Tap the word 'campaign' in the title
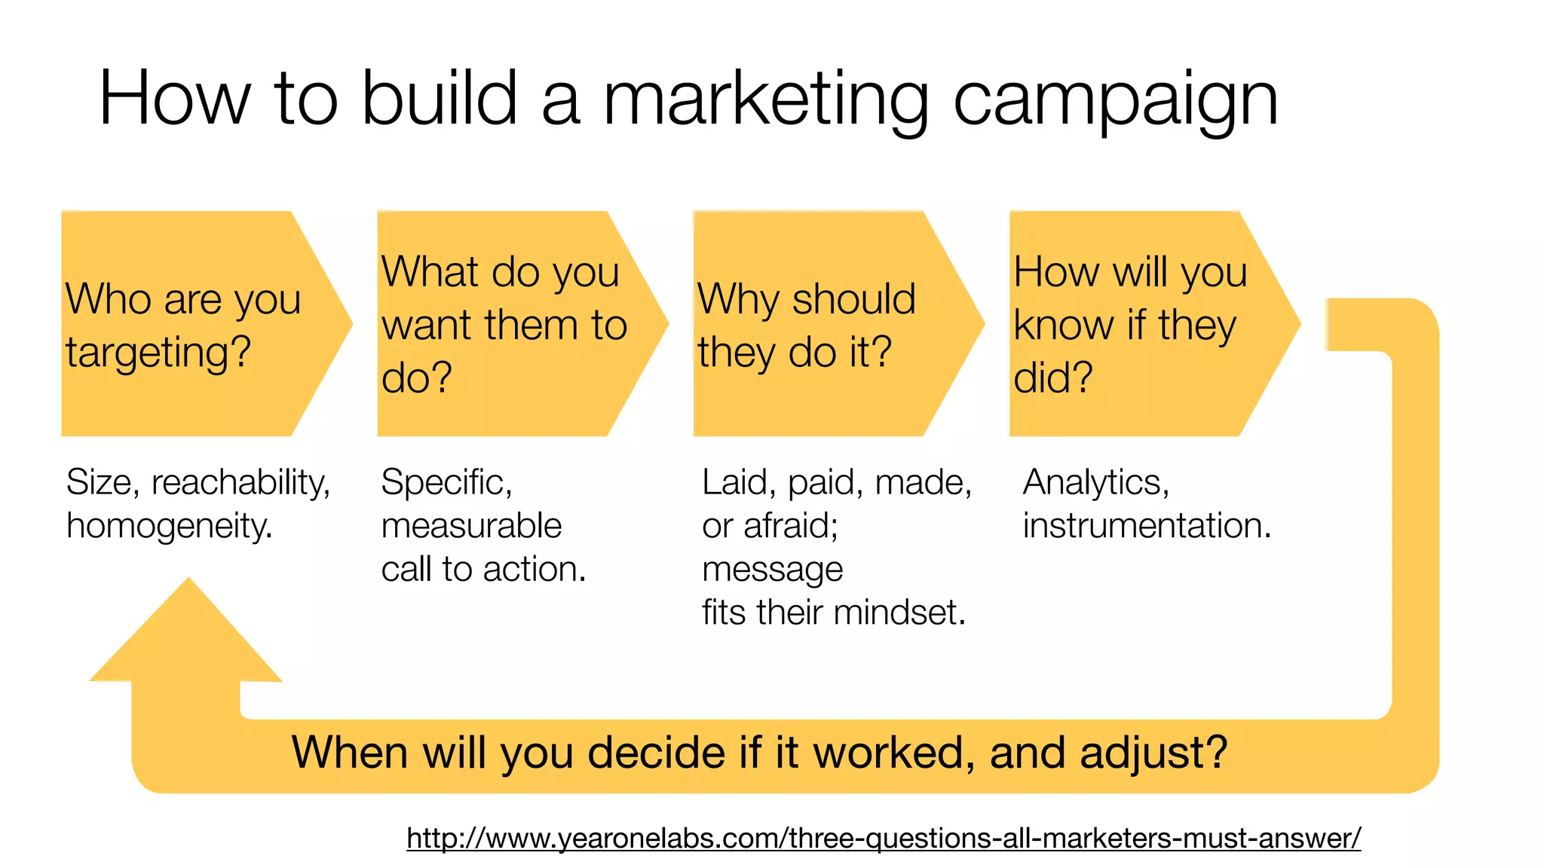[x=1116, y=102]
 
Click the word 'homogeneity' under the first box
[x=168, y=526]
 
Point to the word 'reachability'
[x=240, y=483]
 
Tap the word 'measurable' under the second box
[x=471, y=525]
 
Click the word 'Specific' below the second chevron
[x=446, y=482]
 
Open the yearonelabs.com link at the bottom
[x=884, y=838]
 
